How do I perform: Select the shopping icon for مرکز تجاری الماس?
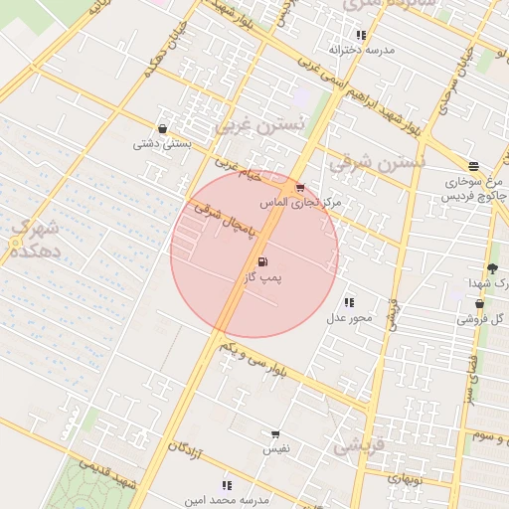299,187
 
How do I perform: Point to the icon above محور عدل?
348,302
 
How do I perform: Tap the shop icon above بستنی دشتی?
162,127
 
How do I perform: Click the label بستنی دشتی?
161,143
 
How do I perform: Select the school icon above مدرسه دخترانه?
361,35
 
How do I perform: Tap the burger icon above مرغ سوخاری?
473,166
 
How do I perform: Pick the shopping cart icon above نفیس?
275,434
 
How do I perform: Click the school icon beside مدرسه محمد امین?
227,485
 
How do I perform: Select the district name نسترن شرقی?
377,160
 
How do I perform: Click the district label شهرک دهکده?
33,240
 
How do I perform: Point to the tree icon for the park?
492,268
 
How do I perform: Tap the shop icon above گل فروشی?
479,304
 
